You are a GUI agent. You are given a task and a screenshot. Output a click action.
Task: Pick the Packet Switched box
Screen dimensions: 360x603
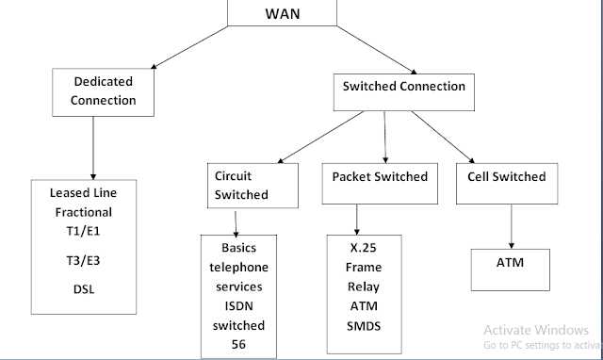380,177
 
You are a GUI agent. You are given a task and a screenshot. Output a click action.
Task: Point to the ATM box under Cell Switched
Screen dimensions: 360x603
511,263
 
